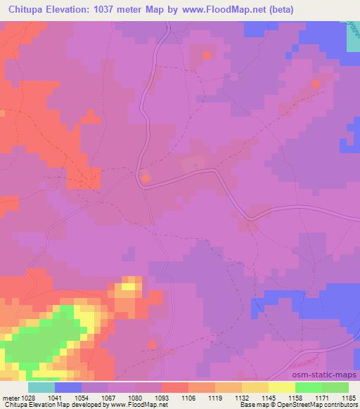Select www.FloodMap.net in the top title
point(217,10)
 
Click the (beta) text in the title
point(276,10)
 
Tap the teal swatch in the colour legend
point(41,387)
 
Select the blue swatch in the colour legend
point(68,387)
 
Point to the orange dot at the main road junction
point(146,178)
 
